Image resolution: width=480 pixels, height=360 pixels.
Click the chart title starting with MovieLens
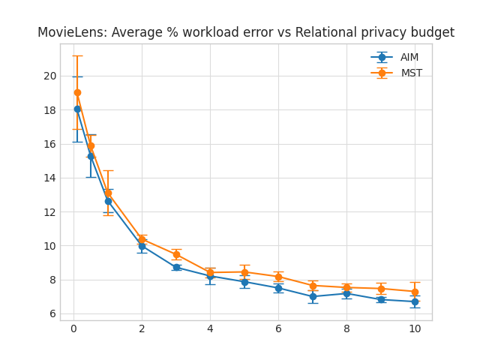click(x=246, y=33)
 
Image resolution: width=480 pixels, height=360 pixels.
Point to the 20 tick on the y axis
click(x=49, y=76)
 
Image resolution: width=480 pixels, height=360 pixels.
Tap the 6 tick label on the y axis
click(x=52, y=313)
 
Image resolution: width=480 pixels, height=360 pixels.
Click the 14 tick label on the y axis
click(x=49, y=178)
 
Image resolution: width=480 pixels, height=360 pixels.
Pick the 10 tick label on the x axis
click(x=415, y=328)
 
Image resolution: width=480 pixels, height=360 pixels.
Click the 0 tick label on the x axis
click(x=73, y=328)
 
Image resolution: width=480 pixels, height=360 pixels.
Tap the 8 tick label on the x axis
click(x=346, y=328)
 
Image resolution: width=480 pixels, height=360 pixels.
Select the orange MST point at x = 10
click(x=415, y=292)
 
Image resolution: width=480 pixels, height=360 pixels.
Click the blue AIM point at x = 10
click(x=415, y=301)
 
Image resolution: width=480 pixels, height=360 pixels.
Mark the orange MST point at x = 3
click(x=176, y=254)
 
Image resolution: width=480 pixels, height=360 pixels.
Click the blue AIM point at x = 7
click(x=313, y=296)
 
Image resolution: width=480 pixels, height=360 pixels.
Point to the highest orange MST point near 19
click(x=77, y=92)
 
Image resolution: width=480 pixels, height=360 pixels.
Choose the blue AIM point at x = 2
click(x=142, y=246)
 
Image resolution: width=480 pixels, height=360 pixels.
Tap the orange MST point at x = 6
click(x=278, y=277)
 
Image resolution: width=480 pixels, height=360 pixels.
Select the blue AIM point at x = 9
click(x=381, y=299)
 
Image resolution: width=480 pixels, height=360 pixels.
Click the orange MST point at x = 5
click(x=244, y=272)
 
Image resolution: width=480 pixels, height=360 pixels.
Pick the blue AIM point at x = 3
click(x=176, y=267)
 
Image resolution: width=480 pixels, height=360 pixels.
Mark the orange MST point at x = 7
click(x=313, y=286)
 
